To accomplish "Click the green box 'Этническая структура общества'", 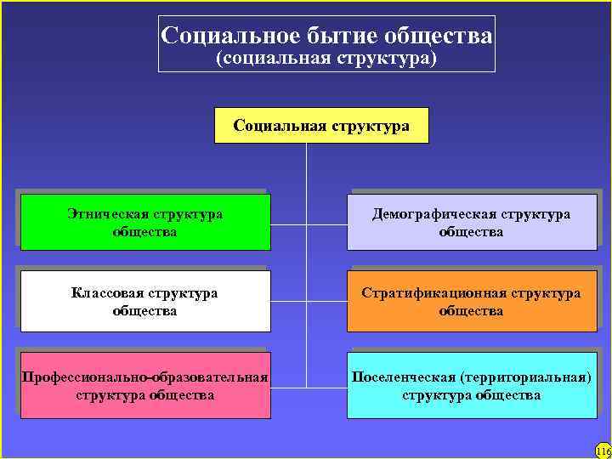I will pyautogui.click(x=145, y=223).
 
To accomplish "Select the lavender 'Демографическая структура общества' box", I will pyautogui.click(x=472, y=223).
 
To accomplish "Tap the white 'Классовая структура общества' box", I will pyautogui.click(x=145, y=302).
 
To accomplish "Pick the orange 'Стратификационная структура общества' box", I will pyautogui.click(x=472, y=302).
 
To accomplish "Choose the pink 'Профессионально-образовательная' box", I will pyautogui.click(x=145, y=386).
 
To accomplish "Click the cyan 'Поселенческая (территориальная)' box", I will pyautogui.click(x=472, y=386).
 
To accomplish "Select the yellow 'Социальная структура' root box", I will pyautogui.click(x=322, y=126).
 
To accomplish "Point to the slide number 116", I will pyautogui.click(x=603, y=450).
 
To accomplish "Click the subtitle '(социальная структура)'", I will pyautogui.click(x=326, y=59).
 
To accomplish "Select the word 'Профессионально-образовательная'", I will pyautogui.click(x=145, y=377).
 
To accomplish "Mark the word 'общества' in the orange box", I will pyautogui.click(x=472, y=311).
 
